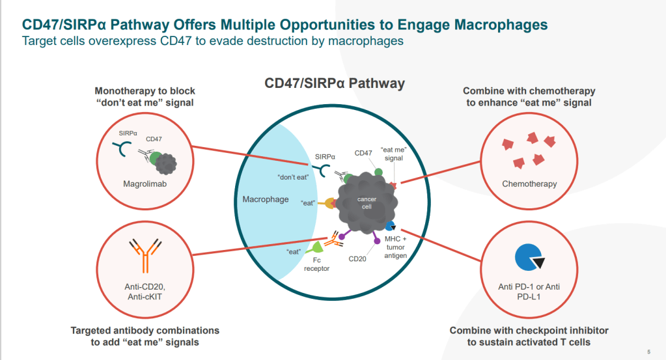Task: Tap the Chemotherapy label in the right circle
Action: (529, 184)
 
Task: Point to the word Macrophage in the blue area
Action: (265, 199)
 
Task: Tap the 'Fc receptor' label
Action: (316, 264)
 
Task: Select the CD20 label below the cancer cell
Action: (358, 258)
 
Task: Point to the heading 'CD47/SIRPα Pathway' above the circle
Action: (334, 83)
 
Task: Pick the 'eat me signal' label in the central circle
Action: (394, 154)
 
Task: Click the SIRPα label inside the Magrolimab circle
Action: (128, 133)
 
